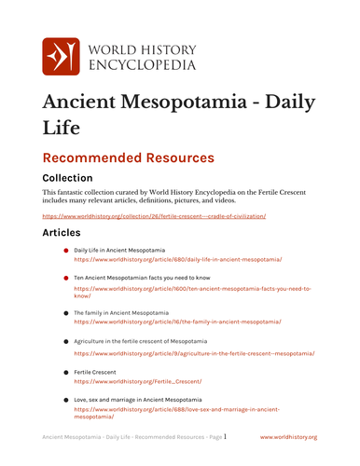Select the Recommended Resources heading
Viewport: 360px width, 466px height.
pyautogui.click(x=129, y=158)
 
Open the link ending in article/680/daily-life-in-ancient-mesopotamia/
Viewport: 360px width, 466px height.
pyautogui.click(x=177, y=259)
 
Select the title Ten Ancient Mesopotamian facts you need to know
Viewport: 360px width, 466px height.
pyautogui.click(x=143, y=278)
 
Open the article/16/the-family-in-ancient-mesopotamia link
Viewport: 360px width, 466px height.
pyautogui.click(x=177, y=321)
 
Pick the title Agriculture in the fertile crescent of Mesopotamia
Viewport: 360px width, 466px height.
pyautogui.click(x=147, y=342)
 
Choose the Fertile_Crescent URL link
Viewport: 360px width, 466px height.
pyautogui.click(x=138, y=381)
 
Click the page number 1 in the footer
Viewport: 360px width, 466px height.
pyautogui.click(x=225, y=435)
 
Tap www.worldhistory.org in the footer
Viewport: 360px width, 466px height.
pyautogui.click(x=288, y=436)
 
